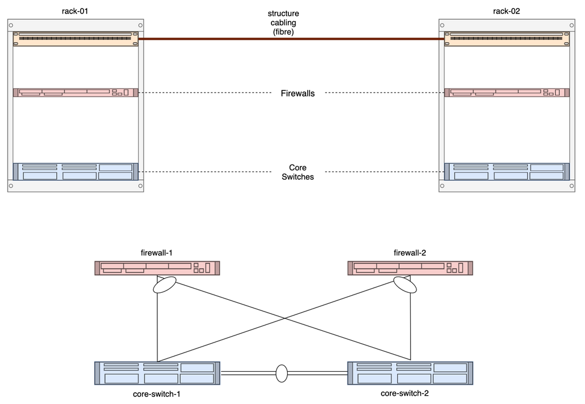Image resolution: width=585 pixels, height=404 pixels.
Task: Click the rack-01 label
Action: click(75, 11)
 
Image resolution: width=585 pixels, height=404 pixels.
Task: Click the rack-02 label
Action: click(506, 11)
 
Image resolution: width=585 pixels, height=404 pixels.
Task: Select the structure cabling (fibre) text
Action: click(283, 22)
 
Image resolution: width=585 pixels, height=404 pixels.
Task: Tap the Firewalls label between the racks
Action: click(298, 93)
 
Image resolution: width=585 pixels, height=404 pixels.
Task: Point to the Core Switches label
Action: click(298, 172)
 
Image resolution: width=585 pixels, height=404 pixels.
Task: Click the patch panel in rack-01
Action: click(75, 39)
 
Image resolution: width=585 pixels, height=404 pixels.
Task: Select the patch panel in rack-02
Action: click(507, 39)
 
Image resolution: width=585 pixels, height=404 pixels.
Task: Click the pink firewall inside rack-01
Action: click(75, 93)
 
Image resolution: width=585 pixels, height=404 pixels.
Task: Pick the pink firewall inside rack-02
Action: click(507, 93)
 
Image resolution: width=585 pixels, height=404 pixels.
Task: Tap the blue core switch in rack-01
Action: click(75, 172)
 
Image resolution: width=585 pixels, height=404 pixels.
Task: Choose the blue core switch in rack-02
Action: click(507, 172)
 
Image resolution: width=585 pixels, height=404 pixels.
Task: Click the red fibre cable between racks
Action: click(291, 39)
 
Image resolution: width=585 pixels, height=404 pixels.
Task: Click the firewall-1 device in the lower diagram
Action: click(157, 268)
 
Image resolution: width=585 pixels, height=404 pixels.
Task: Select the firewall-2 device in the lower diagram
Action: click(410, 268)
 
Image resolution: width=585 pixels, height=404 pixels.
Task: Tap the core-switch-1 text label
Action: click(157, 394)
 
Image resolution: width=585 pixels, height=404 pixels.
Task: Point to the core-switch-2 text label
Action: click(404, 393)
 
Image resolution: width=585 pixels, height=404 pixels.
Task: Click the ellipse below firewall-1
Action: click(164, 285)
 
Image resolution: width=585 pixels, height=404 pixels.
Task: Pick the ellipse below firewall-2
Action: click(405, 285)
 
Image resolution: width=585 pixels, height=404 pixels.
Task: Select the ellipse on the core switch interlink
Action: click(282, 374)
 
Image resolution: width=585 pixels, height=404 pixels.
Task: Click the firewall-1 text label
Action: click(156, 253)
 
